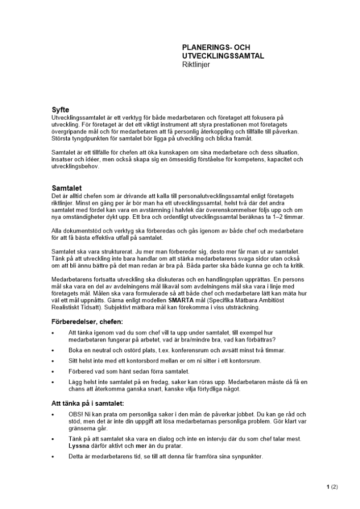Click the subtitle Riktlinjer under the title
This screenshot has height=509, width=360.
196,65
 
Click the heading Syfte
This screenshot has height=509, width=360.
61,110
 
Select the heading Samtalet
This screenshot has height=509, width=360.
67,188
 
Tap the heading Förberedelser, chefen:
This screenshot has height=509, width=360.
87,322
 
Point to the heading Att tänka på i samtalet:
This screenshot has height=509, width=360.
88,403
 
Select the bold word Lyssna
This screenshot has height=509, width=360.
78,446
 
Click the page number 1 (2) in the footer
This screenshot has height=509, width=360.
332,487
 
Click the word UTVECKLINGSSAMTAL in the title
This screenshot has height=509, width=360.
223,56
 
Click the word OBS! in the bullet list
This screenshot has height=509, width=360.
76,414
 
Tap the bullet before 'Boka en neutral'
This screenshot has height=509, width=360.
53,351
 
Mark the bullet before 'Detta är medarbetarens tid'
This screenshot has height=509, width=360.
53,457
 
